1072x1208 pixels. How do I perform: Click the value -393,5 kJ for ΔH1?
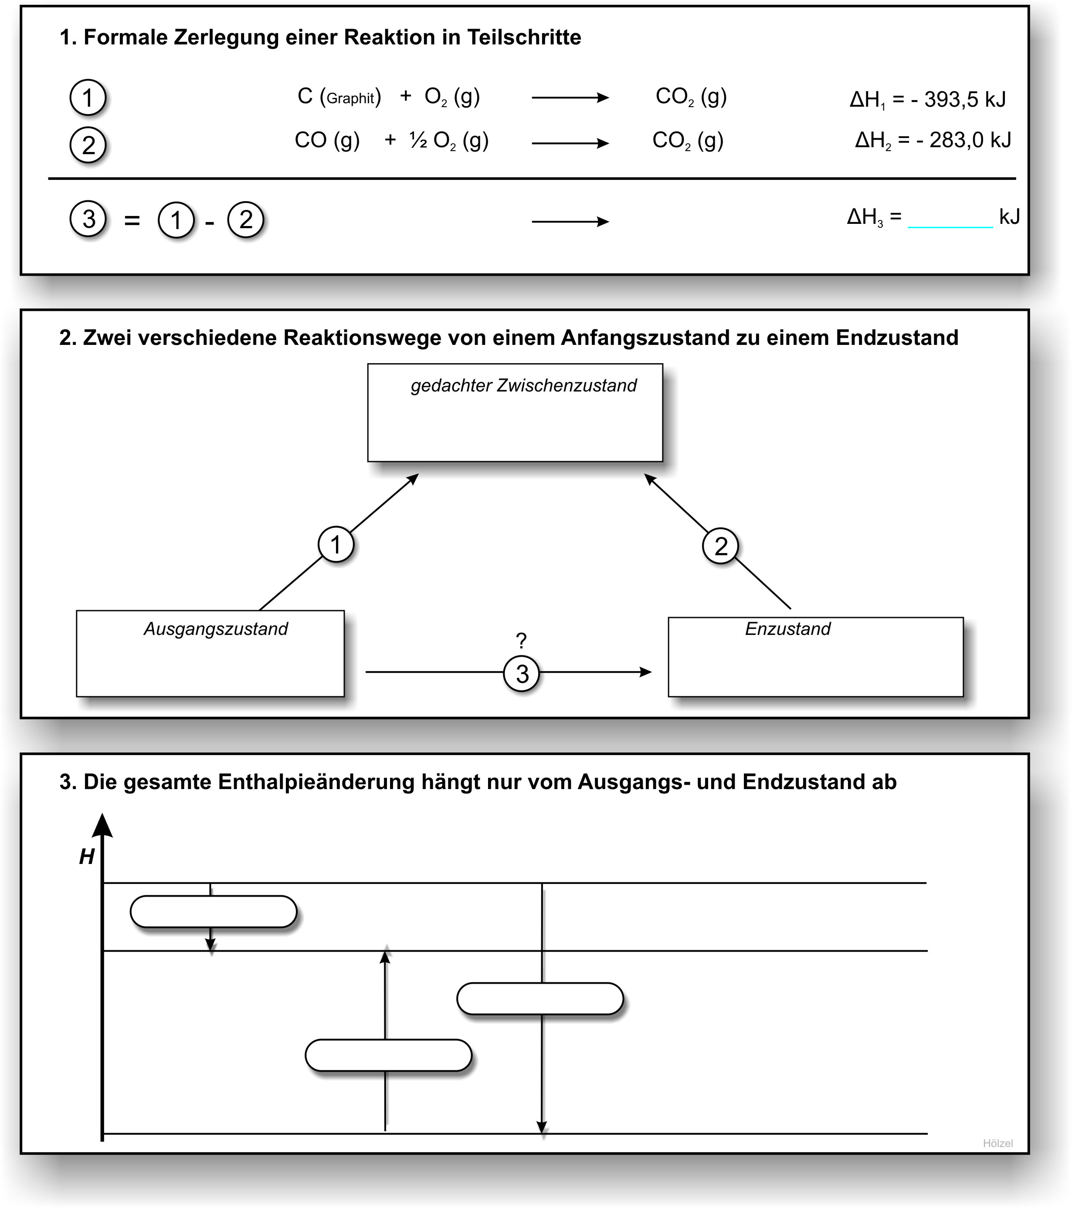coord(958,99)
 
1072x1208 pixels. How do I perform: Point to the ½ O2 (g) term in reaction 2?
coord(449,141)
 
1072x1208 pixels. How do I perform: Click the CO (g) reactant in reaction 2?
coord(327,141)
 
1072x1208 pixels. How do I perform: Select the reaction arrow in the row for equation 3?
coord(570,222)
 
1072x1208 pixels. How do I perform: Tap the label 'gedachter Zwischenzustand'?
coord(523,385)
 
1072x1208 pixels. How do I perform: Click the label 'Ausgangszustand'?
coord(215,629)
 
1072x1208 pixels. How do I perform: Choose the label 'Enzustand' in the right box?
coord(787,629)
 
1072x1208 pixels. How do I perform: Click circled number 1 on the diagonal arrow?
coord(336,544)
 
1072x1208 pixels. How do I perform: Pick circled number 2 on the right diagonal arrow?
coord(720,546)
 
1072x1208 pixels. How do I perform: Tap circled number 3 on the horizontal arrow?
coord(522,674)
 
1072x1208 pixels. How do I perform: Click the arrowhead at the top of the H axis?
coord(103,826)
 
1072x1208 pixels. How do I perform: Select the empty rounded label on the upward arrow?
coord(388,1055)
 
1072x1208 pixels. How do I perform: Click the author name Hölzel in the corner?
coord(997,1143)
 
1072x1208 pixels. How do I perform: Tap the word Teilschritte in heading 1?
coord(524,37)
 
